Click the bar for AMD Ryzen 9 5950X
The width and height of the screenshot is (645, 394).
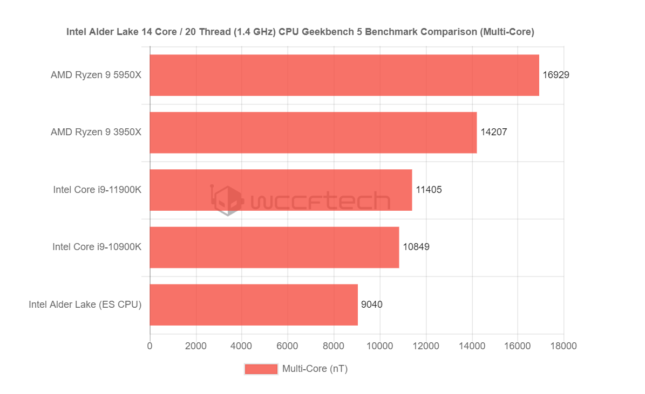(344, 75)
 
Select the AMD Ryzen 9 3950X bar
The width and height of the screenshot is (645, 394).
(313, 133)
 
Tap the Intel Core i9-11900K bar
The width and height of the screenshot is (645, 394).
(281, 190)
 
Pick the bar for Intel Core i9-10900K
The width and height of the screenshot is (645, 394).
(274, 247)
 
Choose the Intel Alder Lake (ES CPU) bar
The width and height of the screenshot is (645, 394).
(254, 305)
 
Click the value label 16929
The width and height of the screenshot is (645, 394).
(556, 75)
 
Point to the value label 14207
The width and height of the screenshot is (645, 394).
(494, 133)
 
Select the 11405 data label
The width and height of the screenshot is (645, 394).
(429, 190)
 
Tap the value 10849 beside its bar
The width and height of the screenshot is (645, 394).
(416, 247)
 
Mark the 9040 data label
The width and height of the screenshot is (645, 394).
(372, 305)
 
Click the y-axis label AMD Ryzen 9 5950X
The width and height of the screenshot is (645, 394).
(96, 75)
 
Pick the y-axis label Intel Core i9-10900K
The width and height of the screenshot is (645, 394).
(97, 247)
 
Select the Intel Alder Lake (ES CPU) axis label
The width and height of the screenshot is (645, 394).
(85, 305)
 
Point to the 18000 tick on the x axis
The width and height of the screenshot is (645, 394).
(563, 345)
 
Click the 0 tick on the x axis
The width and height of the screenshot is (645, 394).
(150, 345)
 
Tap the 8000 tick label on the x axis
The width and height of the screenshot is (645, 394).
(334, 345)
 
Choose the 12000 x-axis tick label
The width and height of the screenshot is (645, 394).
(426, 345)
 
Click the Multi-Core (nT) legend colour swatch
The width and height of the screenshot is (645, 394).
(261, 369)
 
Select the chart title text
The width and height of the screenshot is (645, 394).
(300, 32)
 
